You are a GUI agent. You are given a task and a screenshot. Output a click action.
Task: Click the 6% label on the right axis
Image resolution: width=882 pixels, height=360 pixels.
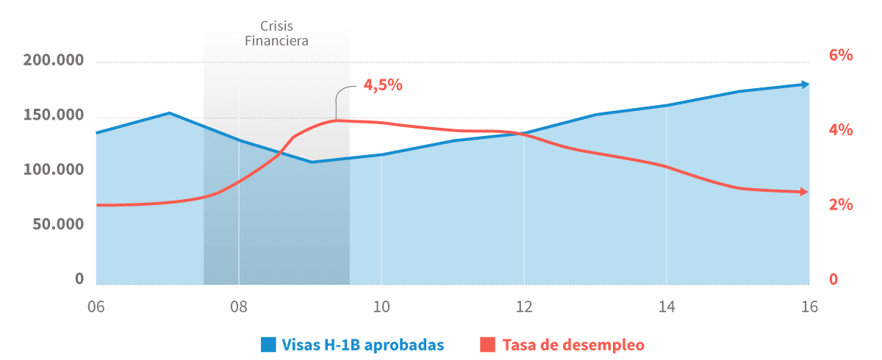tap(840, 55)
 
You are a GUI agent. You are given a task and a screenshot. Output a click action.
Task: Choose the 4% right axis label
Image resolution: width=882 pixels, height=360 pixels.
tap(840, 130)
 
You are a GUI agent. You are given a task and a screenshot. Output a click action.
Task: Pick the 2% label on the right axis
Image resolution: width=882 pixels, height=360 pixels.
tap(840, 205)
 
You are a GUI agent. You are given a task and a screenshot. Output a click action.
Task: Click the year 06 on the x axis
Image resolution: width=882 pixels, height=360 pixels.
tap(95, 307)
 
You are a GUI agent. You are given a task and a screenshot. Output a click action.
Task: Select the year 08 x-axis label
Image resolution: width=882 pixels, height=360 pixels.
tap(238, 307)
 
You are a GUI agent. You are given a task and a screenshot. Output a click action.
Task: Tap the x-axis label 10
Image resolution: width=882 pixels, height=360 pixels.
tap(381, 307)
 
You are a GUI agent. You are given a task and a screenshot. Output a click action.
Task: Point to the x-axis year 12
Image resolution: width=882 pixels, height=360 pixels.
tap(523, 307)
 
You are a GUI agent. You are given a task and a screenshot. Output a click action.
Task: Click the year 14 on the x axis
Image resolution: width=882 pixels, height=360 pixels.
tap(666, 307)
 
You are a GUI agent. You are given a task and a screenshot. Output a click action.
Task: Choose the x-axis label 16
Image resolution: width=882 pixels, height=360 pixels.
tap(808, 307)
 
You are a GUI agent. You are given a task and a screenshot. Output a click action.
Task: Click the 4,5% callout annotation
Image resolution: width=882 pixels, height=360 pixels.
tap(383, 84)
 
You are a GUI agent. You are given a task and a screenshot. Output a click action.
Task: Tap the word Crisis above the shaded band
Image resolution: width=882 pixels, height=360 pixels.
tap(276, 24)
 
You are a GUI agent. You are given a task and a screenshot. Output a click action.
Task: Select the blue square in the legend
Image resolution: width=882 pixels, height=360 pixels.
tap(268, 344)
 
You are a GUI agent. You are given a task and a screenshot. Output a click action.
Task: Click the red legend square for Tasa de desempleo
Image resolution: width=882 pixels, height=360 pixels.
tap(488, 344)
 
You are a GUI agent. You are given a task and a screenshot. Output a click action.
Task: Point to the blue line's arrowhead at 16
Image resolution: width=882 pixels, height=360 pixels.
tap(806, 84)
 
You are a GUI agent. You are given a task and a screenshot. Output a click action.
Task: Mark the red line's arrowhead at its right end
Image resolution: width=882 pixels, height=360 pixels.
tap(805, 192)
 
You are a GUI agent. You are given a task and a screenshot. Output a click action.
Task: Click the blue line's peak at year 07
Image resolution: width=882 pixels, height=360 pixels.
tap(169, 113)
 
